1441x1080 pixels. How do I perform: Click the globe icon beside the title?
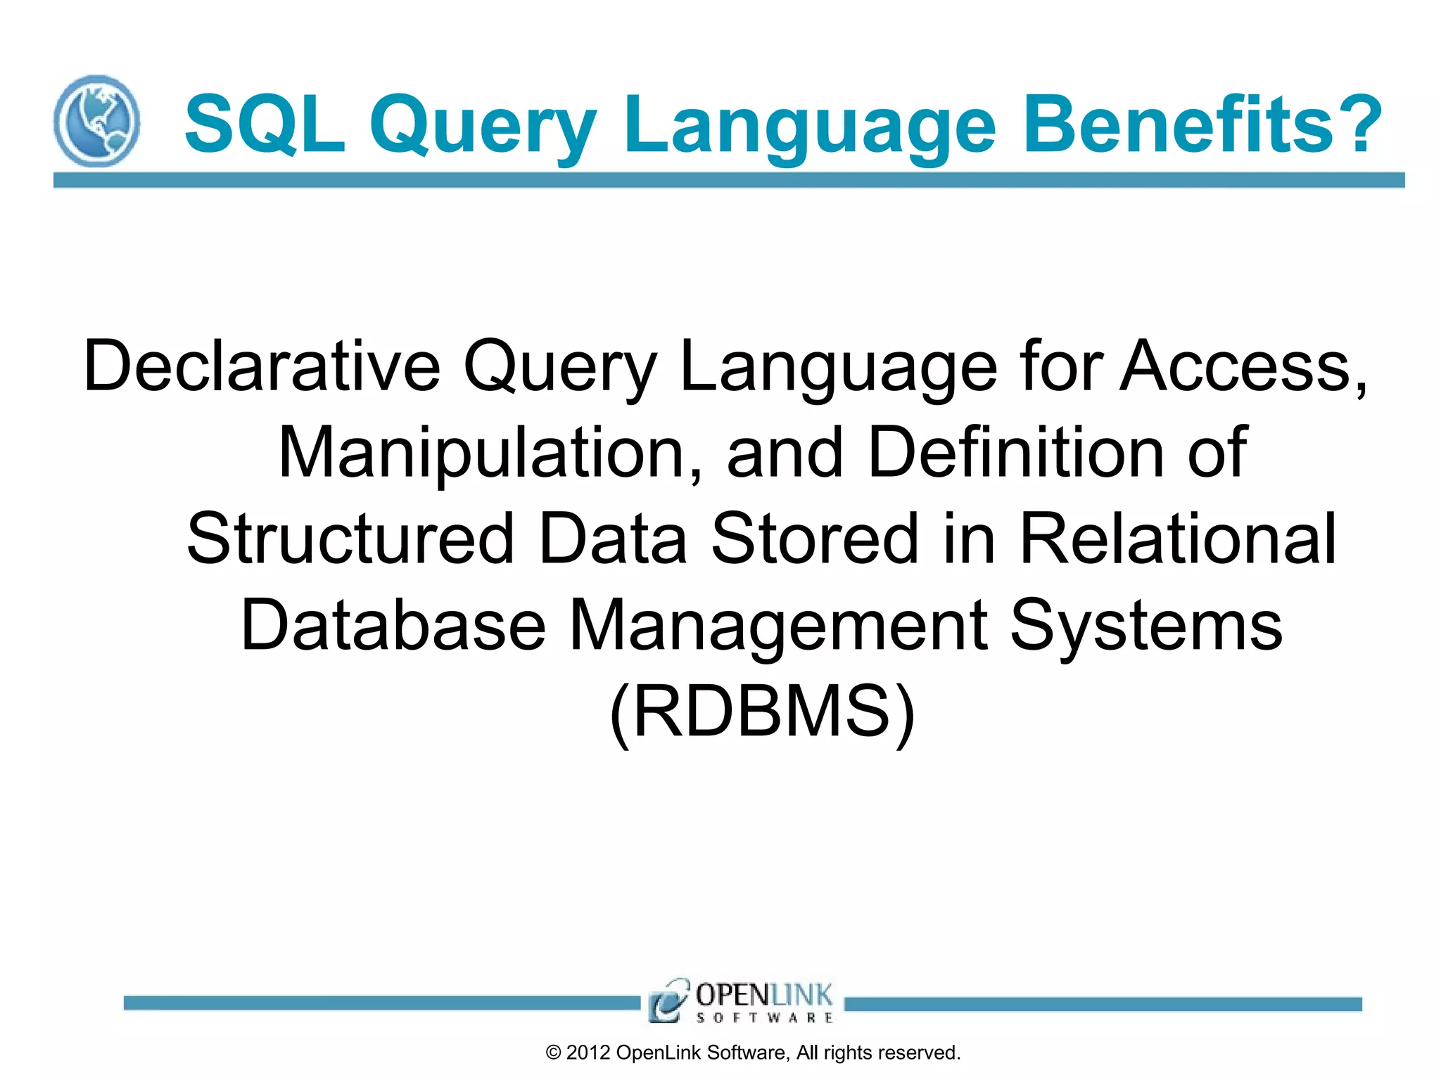pyautogui.click(x=96, y=121)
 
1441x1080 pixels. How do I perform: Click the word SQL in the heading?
pyautogui.click(x=265, y=125)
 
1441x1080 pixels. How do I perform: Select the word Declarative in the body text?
pyautogui.click(x=262, y=366)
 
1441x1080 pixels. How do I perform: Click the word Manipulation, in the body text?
pyautogui.click(x=490, y=452)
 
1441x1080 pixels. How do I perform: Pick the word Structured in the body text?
pyautogui.click(x=350, y=539)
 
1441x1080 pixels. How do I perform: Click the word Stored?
pyautogui.click(x=815, y=539)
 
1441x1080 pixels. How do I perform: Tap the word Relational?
pyautogui.click(x=1177, y=539)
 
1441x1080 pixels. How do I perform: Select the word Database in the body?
pyautogui.click(x=393, y=625)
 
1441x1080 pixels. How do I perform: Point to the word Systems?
pyautogui.click(x=1146, y=625)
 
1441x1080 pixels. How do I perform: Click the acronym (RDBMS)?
pyautogui.click(x=762, y=712)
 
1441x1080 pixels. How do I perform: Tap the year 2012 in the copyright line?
pyautogui.click(x=588, y=1053)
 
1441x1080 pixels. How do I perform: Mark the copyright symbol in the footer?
pyautogui.click(x=553, y=1053)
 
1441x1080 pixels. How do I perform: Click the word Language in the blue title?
pyautogui.click(x=810, y=125)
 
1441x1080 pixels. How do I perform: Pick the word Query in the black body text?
pyautogui.click(x=559, y=366)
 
